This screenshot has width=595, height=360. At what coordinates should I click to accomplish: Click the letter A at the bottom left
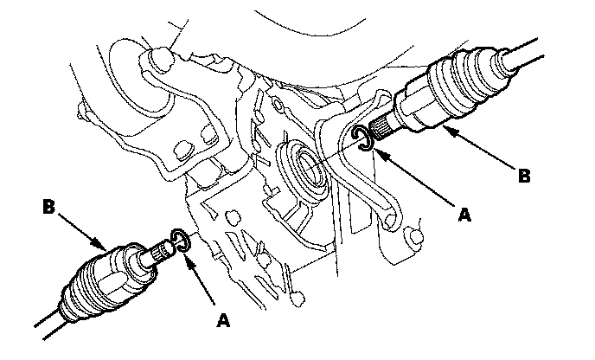(x=223, y=320)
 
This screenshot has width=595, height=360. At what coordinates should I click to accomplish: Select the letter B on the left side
(x=49, y=208)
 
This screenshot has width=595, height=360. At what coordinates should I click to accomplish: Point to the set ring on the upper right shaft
(x=364, y=138)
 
